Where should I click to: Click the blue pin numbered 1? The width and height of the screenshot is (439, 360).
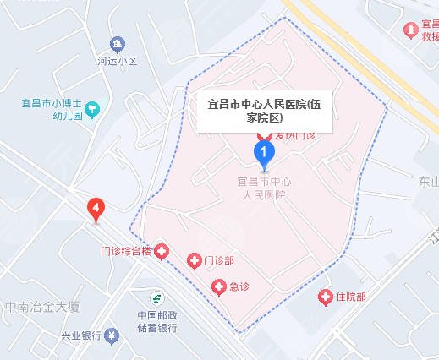click(x=265, y=154)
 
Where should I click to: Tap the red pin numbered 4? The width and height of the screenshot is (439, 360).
click(x=97, y=208)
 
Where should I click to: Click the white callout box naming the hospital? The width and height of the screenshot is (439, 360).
click(x=266, y=112)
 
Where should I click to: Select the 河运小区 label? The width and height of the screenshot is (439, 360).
click(x=117, y=61)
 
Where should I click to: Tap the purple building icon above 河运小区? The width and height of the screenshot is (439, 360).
click(x=117, y=43)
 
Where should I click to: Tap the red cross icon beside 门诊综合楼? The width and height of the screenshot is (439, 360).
click(x=164, y=251)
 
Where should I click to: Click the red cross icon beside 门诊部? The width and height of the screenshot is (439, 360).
click(x=194, y=260)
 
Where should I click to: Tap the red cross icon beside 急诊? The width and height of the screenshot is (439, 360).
click(x=219, y=287)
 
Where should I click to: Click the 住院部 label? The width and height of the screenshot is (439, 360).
click(x=350, y=297)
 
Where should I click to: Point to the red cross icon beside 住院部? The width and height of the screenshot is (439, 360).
click(x=325, y=297)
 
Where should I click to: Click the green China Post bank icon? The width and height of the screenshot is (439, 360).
click(x=156, y=298)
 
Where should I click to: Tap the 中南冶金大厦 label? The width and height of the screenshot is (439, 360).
click(x=39, y=308)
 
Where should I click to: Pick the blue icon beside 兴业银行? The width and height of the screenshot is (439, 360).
click(x=110, y=335)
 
